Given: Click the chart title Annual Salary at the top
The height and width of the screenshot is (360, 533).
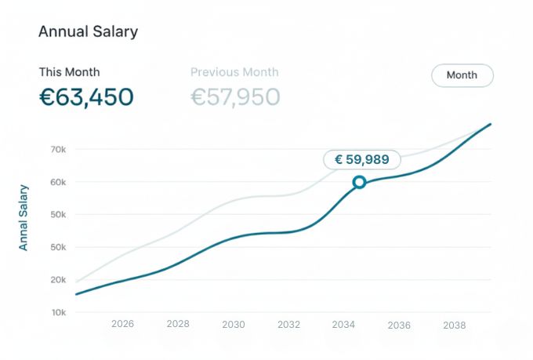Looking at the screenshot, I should [88, 32].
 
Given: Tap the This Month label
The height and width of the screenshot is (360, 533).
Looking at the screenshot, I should [70, 72].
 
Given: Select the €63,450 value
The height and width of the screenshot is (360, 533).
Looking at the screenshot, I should [86, 97].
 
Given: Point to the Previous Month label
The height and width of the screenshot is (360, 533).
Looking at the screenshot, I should [234, 72].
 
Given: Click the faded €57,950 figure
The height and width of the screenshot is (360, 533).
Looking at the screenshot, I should [235, 97].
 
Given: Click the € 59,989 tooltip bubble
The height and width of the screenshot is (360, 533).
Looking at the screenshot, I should [362, 159].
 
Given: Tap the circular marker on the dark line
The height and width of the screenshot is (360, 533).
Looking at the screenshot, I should [359, 182].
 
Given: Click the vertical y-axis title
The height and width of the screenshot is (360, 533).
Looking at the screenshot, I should [24, 217].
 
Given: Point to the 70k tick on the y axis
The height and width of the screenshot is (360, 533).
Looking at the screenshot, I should [58, 149].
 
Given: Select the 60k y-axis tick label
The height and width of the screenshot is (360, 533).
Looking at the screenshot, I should [58, 182].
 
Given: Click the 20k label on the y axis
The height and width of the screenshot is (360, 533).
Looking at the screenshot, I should [58, 279].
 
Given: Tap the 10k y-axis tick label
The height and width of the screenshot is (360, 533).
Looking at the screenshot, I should [58, 312].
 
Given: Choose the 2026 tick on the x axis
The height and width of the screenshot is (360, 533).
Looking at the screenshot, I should [123, 324].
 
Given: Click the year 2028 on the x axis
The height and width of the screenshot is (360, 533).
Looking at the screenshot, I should [178, 324].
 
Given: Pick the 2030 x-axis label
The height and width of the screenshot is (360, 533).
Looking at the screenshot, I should [234, 324].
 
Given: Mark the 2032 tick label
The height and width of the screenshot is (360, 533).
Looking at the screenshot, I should [288, 324].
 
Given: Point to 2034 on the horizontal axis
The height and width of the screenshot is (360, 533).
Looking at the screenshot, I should [344, 324].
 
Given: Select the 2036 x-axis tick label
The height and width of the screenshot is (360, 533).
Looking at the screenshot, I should [399, 324].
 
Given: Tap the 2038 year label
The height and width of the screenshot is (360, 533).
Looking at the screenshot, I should [455, 324].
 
